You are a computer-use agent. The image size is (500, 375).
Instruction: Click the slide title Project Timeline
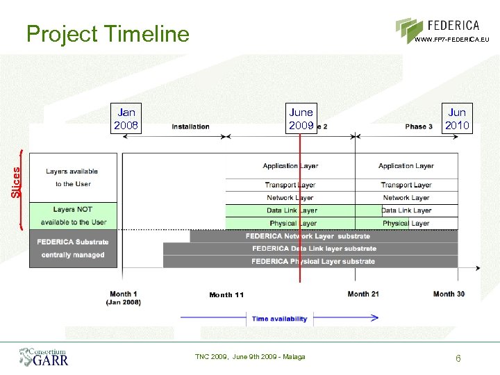[x=108, y=33]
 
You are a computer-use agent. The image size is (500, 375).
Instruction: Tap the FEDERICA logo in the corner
[x=443, y=30]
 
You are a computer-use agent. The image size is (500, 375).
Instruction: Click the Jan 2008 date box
[x=126, y=119]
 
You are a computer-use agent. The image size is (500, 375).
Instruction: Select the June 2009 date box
[x=301, y=119]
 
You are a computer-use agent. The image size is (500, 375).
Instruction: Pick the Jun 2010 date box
[x=457, y=119]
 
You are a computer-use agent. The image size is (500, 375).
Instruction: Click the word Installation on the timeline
[x=190, y=126]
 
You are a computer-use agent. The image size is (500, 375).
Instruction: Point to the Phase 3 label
[x=419, y=126]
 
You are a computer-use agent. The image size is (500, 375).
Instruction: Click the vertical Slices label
[x=17, y=180]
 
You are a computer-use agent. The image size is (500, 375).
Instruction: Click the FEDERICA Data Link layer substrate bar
[x=314, y=249]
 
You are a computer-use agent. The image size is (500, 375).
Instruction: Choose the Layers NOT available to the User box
[x=73, y=215]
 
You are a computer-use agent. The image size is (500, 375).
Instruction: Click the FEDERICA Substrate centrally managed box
[x=73, y=249]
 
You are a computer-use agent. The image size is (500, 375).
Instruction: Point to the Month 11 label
[x=226, y=295]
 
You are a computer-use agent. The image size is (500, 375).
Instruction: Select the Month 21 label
[x=363, y=294]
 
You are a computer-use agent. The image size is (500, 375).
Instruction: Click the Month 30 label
[x=449, y=294]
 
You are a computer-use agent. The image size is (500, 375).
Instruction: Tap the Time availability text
[x=279, y=319]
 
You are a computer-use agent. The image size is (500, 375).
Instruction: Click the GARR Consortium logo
[x=44, y=357]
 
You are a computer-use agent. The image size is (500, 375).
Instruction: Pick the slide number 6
[x=458, y=358]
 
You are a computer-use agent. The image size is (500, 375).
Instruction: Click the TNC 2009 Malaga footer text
[x=250, y=356]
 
